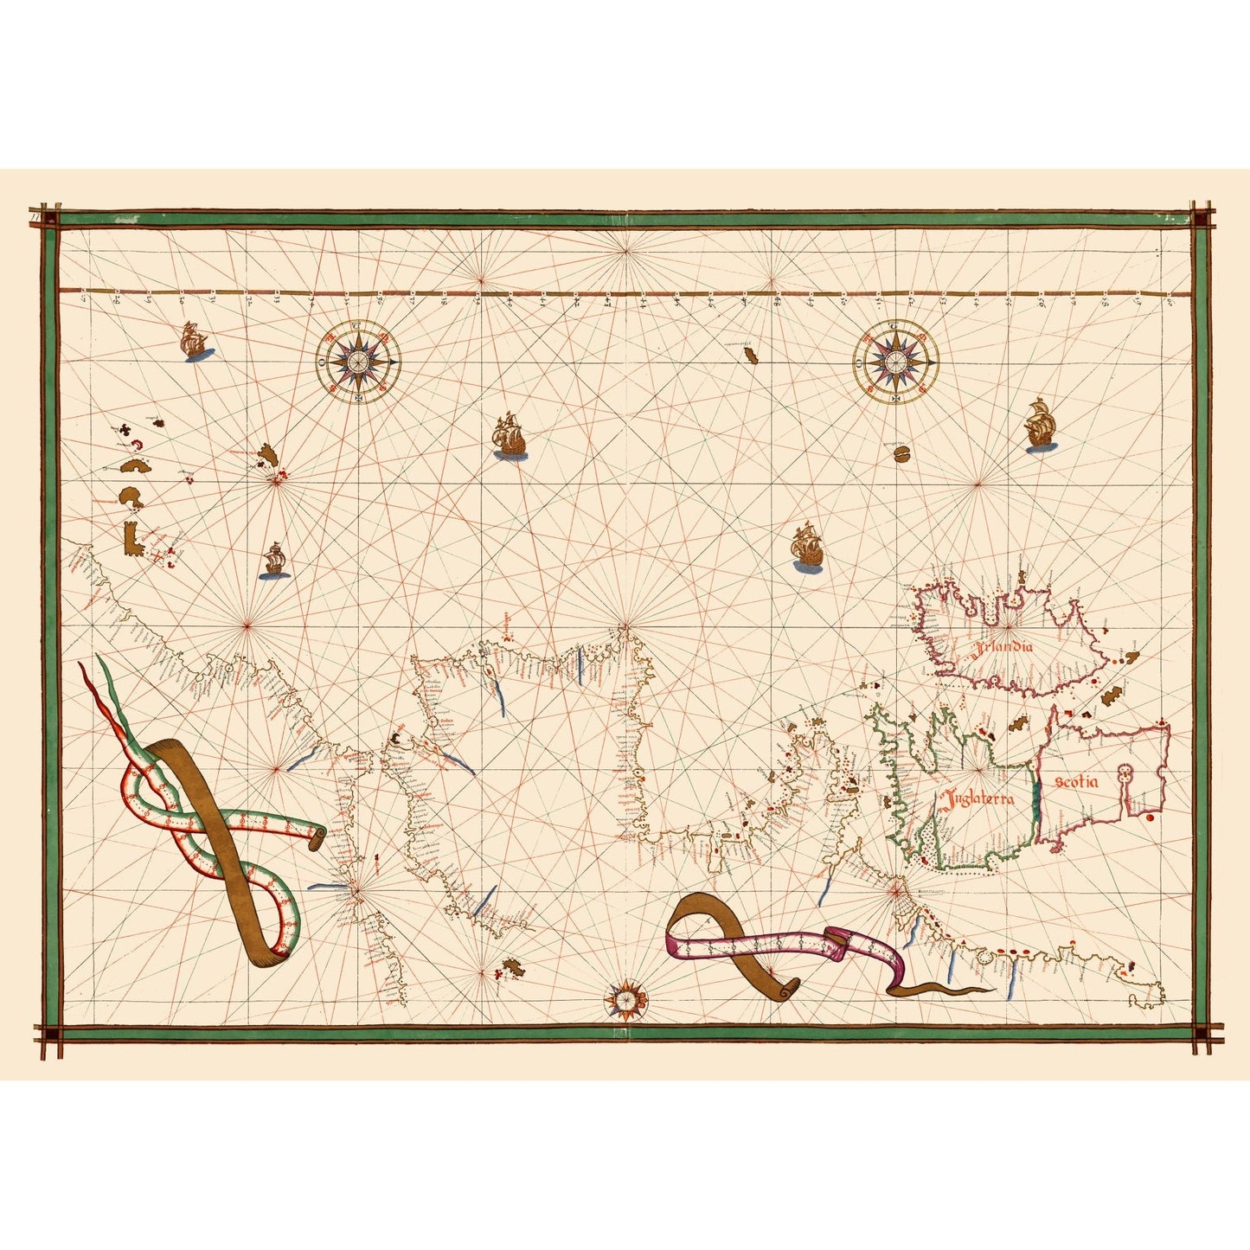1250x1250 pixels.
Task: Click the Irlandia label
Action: (x=1002, y=647)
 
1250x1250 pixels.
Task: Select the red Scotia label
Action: (x=1076, y=783)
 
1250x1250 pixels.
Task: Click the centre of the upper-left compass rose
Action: (x=357, y=360)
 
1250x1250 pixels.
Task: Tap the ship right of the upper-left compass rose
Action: (x=510, y=437)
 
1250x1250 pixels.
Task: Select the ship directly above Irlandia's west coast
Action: (x=806, y=548)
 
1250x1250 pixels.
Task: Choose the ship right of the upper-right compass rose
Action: (x=1040, y=425)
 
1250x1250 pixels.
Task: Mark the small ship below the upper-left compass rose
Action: (x=273, y=561)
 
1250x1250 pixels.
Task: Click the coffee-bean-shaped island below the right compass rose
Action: (x=901, y=455)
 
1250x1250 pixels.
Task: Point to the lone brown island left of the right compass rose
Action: (x=749, y=355)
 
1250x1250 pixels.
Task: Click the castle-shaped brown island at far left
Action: (x=132, y=538)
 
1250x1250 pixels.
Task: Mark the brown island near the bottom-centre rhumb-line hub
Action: (x=510, y=965)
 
